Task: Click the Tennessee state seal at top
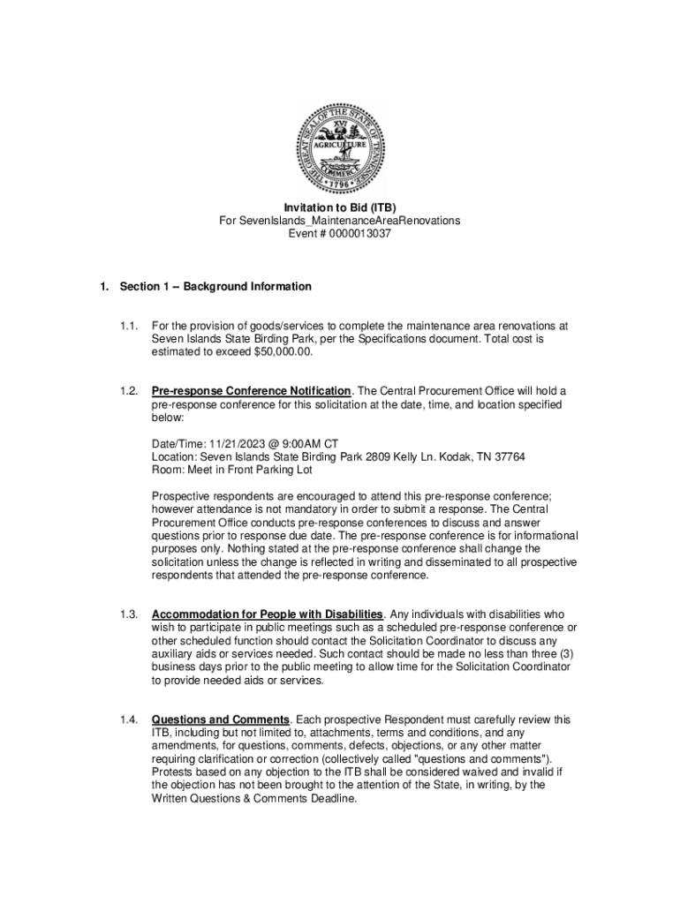(340, 147)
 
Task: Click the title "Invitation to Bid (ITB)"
(340, 207)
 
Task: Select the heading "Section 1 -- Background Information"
(215, 287)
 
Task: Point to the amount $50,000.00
(283, 350)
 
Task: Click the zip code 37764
(509, 456)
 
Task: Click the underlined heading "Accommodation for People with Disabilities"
(268, 614)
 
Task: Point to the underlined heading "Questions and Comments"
(220, 719)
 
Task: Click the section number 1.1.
(130, 326)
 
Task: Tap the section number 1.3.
(130, 614)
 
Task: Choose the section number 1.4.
(130, 719)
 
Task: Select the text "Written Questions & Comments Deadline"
(254, 798)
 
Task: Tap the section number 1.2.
(130, 390)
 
